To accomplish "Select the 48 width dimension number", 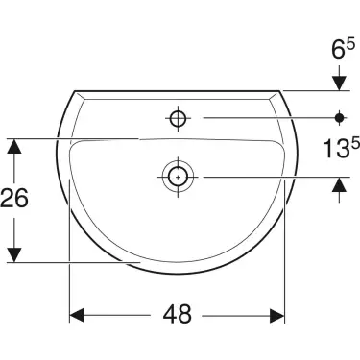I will (x=178, y=314).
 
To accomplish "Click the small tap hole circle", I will (x=177, y=118).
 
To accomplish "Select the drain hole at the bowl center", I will (x=177, y=177).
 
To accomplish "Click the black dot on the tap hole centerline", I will (x=339, y=118).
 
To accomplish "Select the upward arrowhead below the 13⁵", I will (x=339, y=186).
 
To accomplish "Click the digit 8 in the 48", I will (x=189, y=314).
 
